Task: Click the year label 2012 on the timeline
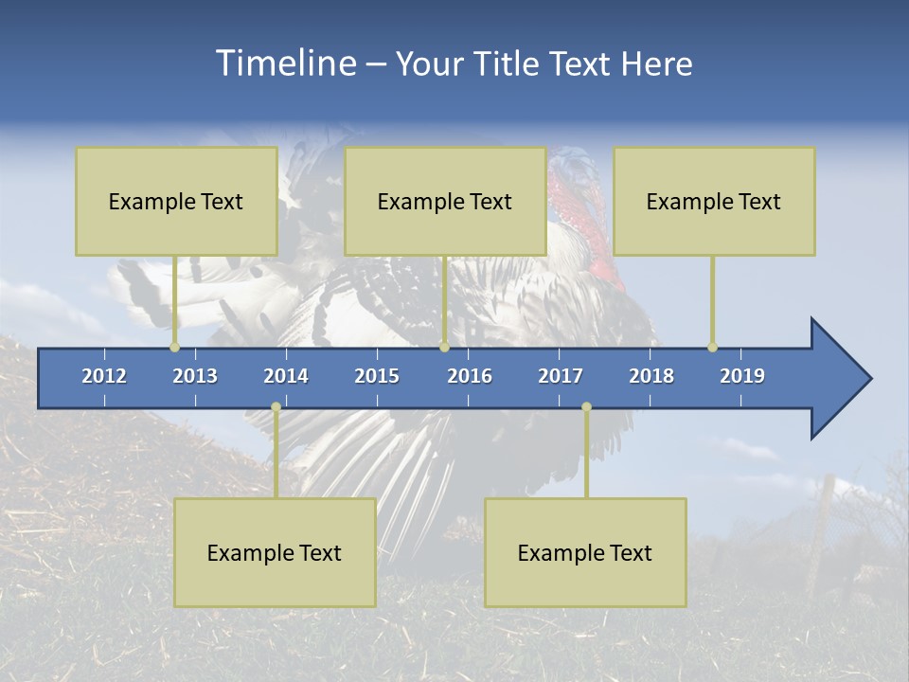click(x=104, y=376)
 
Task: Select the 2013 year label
click(x=195, y=376)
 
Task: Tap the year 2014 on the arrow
click(x=286, y=376)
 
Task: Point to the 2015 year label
click(x=377, y=376)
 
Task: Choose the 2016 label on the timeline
click(x=470, y=376)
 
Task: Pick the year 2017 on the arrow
click(x=561, y=376)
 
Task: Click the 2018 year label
click(x=651, y=376)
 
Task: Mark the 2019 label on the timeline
click(x=742, y=376)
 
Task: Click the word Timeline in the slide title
click(x=286, y=63)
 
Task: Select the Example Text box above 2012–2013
click(x=176, y=201)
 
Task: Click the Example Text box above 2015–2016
click(x=445, y=201)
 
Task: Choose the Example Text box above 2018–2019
click(x=714, y=201)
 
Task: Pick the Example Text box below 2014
click(x=275, y=552)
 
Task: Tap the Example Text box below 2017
click(x=585, y=552)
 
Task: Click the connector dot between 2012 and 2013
click(x=174, y=347)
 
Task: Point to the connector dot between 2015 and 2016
click(x=444, y=347)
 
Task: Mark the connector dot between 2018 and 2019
click(x=712, y=347)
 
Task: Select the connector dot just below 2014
click(x=276, y=407)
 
